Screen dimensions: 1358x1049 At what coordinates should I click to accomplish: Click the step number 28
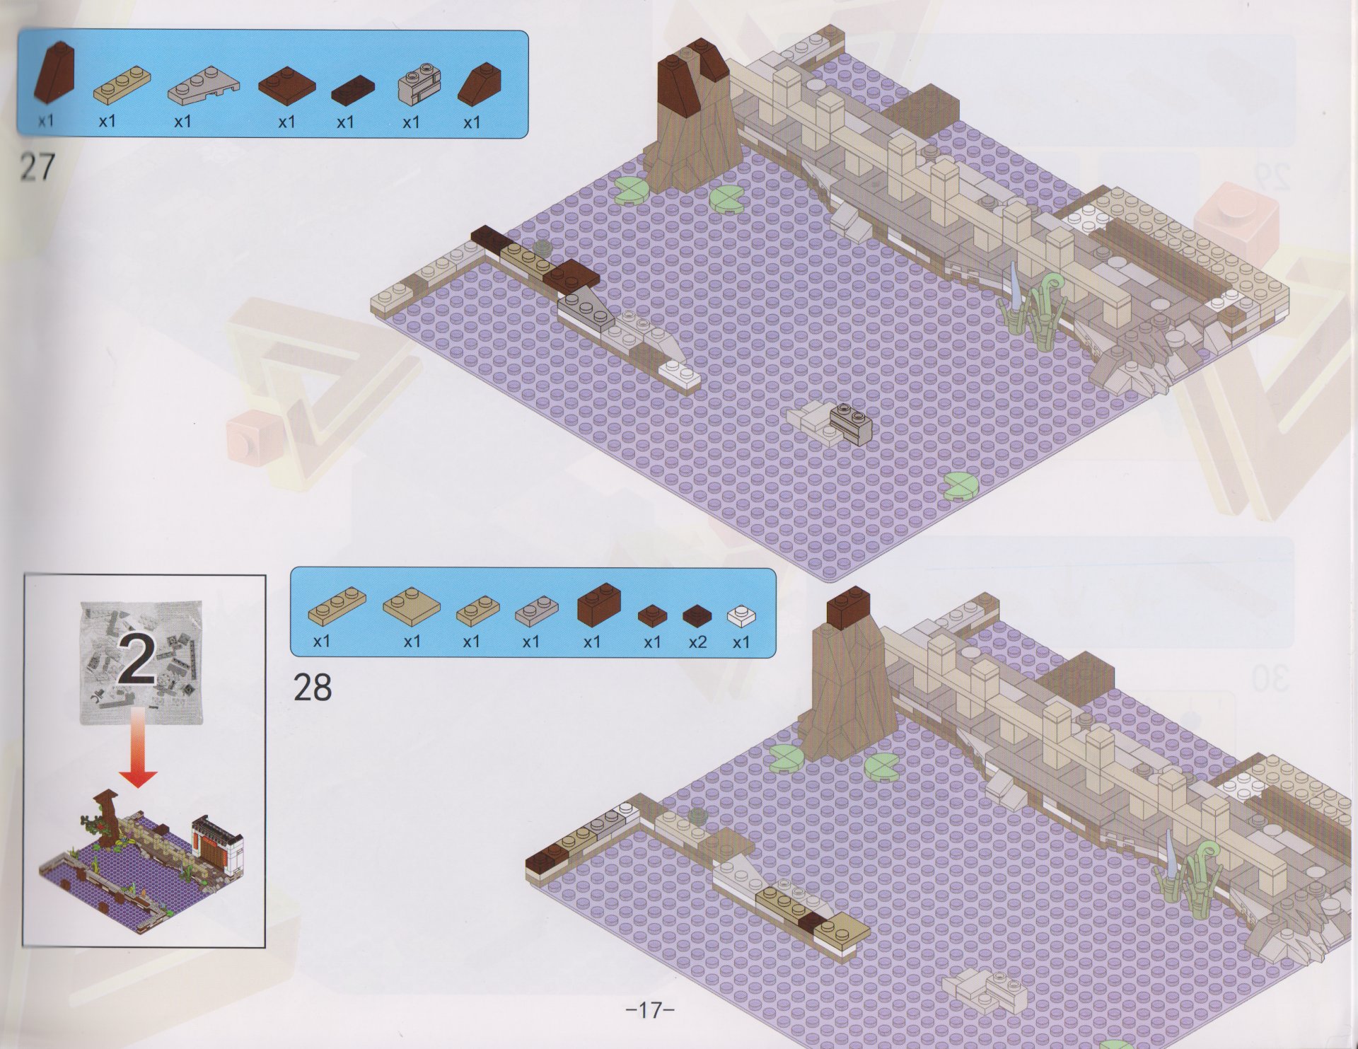tap(312, 686)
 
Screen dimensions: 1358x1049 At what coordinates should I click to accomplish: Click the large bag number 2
tap(139, 658)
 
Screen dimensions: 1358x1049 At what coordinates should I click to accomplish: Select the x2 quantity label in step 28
tap(697, 642)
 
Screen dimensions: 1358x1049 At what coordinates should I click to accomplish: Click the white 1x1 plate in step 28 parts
tap(741, 614)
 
